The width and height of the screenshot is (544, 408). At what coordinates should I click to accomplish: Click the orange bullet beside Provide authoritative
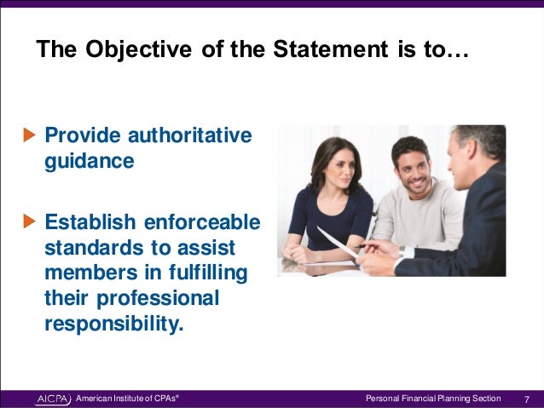30,135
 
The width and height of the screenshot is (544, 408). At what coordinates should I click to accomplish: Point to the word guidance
90,161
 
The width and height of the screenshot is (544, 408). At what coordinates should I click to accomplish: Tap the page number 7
527,399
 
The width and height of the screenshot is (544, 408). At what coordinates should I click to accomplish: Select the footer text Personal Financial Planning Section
432,399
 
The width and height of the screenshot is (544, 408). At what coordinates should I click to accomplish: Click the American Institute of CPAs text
126,399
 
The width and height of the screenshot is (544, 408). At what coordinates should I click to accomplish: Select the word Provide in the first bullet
81,135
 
